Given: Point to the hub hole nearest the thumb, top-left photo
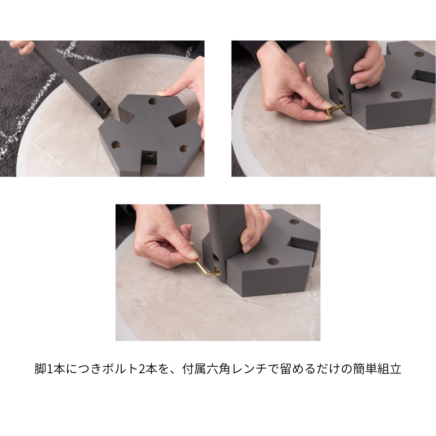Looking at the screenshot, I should point(152,101).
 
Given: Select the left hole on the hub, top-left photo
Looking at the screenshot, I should point(116,144).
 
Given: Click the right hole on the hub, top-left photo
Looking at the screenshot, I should point(184,149).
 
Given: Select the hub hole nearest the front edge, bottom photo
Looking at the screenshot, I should point(273,262).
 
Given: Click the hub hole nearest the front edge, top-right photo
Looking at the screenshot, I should point(396,95).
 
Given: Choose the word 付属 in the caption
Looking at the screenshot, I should point(195,369).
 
